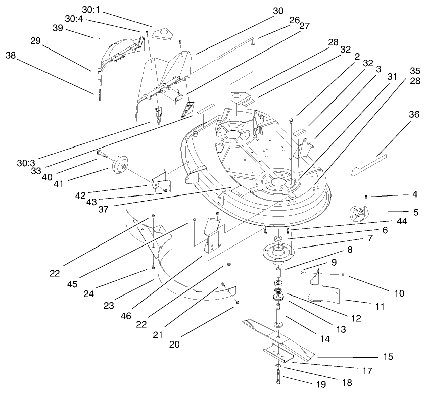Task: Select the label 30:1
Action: [91, 9]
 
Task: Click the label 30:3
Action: [25, 163]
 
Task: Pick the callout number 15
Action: [388, 357]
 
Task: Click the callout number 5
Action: [415, 213]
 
